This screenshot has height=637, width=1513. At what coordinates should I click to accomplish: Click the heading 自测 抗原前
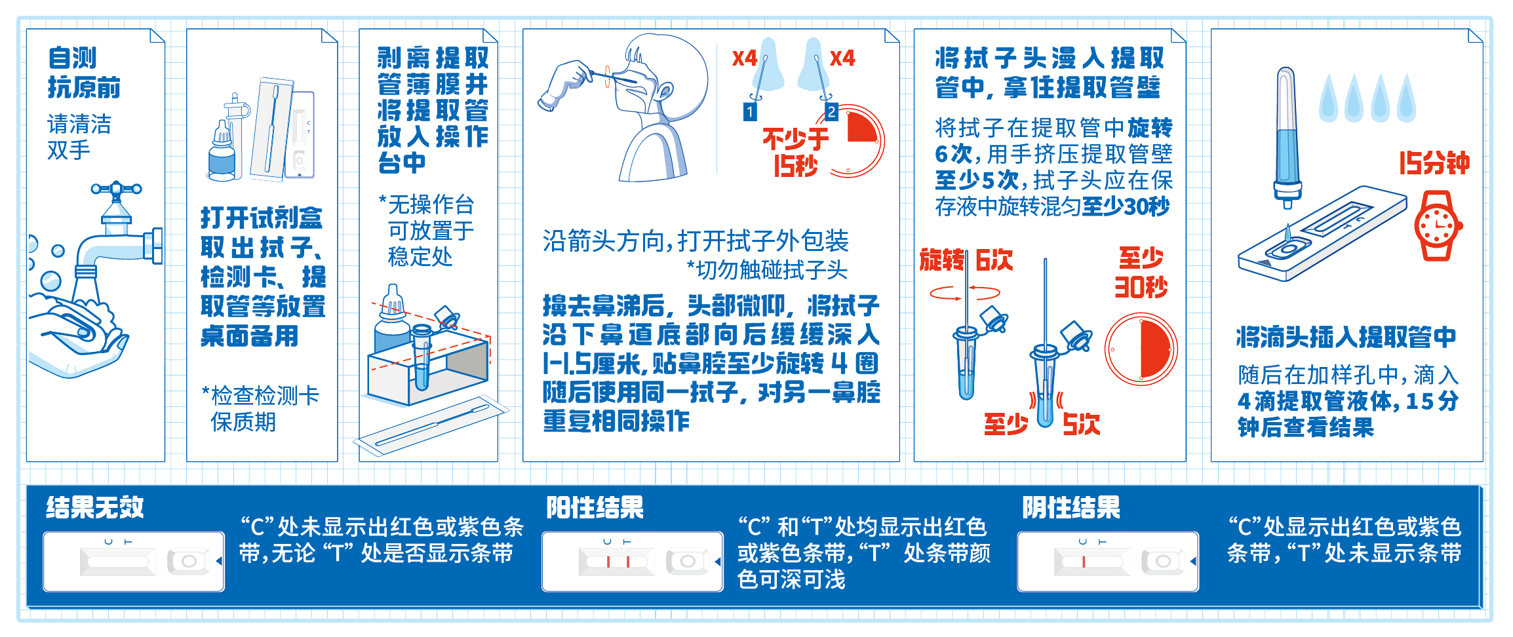pyautogui.click(x=84, y=72)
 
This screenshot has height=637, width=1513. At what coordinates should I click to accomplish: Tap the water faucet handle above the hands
pyautogui.click(x=116, y=189)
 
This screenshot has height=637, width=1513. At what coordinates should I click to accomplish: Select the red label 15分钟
pyautogui.click(x=1434, y=163)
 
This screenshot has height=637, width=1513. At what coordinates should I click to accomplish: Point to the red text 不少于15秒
pyautogui.click(x=795, y=152)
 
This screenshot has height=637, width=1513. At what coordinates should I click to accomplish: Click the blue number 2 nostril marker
pyautogui.click(x=831, y=112)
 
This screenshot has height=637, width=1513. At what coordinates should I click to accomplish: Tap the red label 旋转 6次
pyautogui.click(x=966, y=260)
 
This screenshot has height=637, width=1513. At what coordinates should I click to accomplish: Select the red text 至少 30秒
pyautogui.click(x=1141, y=273)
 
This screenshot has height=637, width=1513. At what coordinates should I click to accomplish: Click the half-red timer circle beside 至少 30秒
pyautogui.click(x=1141, y=349)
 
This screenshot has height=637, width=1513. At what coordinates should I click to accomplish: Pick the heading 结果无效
pyautogui.click(x=95, y=507)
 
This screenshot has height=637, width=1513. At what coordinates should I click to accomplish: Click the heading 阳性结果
pyautogui.click(x=595, y=507)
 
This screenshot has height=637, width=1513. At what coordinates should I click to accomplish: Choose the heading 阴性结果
pyautogui.click(x=1071, y=507)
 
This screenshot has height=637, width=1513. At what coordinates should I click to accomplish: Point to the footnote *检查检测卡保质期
pyautogui.click(x=260, y=408)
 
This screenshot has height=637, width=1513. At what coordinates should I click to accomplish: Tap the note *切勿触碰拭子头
pyautogui.click(x=767, y=269)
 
